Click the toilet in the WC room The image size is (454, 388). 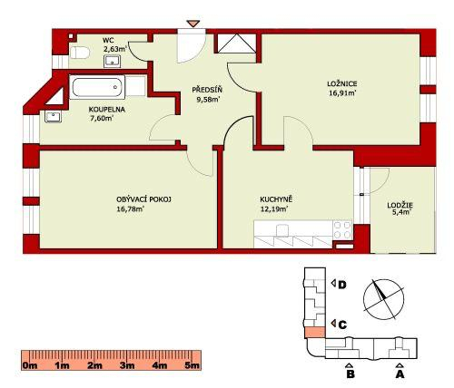[80, 53]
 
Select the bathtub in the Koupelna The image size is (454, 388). [97, 87]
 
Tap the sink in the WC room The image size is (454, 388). [113, 62]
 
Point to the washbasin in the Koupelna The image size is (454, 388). [54, 117]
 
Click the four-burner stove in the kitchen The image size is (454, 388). [342, 230]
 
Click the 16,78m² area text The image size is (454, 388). [130, 209]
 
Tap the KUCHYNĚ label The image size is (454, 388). [276, 199]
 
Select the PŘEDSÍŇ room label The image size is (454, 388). [207, 90]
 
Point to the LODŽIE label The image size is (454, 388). [400, 205]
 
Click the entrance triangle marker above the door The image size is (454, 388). [192, 24]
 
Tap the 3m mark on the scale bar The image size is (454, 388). [127, 365]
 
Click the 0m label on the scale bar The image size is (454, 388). [30, 365]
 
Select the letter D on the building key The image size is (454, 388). [342, 285]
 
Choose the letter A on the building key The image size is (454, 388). [400, 374]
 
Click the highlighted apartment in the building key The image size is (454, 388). [315, 333]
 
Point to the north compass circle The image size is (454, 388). [383, 299]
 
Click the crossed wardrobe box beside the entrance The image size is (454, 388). [236, 44]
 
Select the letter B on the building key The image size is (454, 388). [350, 374]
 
